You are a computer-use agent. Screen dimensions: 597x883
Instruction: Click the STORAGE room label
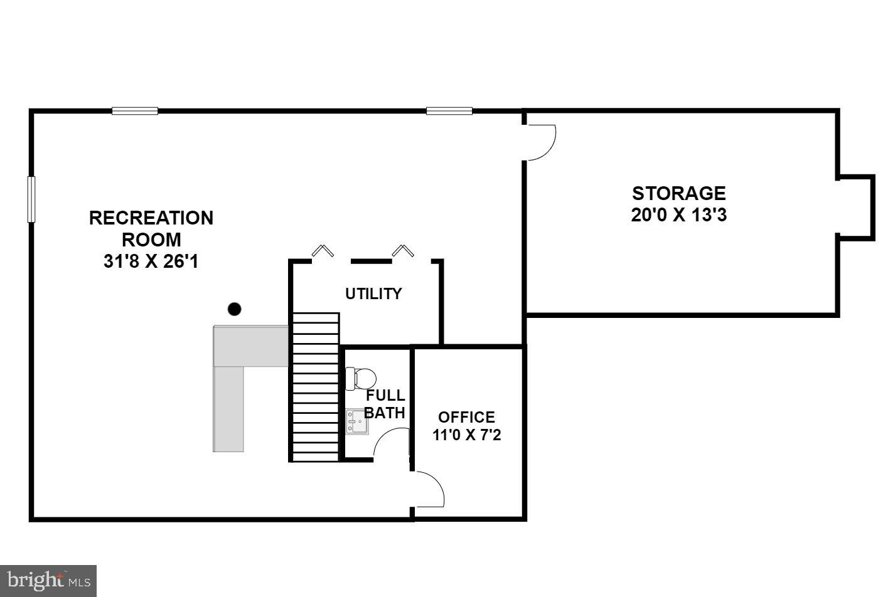[678, 193]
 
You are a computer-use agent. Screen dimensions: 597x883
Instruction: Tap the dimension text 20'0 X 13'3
[678, 215]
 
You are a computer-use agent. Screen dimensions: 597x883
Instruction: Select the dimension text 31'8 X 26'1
[151, 262]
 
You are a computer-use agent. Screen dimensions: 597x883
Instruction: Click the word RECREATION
[151, 218]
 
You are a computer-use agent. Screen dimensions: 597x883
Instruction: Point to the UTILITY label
[373, 293]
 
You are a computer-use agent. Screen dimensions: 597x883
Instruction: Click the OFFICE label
[466, 417]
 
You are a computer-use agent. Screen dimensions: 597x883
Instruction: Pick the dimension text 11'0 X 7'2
[466, 435]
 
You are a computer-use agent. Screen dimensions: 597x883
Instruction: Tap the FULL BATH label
[385, 404]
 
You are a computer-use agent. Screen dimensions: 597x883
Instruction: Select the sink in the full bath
[357, 421]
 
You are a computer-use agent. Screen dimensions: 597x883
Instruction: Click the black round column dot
[234, 309]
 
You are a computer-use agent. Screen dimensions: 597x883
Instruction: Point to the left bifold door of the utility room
[323, 250]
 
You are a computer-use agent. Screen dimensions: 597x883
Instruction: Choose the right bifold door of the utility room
[403, 250]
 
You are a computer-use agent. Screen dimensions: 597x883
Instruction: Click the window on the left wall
[31, 199]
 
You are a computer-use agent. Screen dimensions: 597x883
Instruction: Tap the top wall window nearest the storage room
[449, 111]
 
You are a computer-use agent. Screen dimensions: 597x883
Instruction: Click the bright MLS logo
[48, 580]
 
